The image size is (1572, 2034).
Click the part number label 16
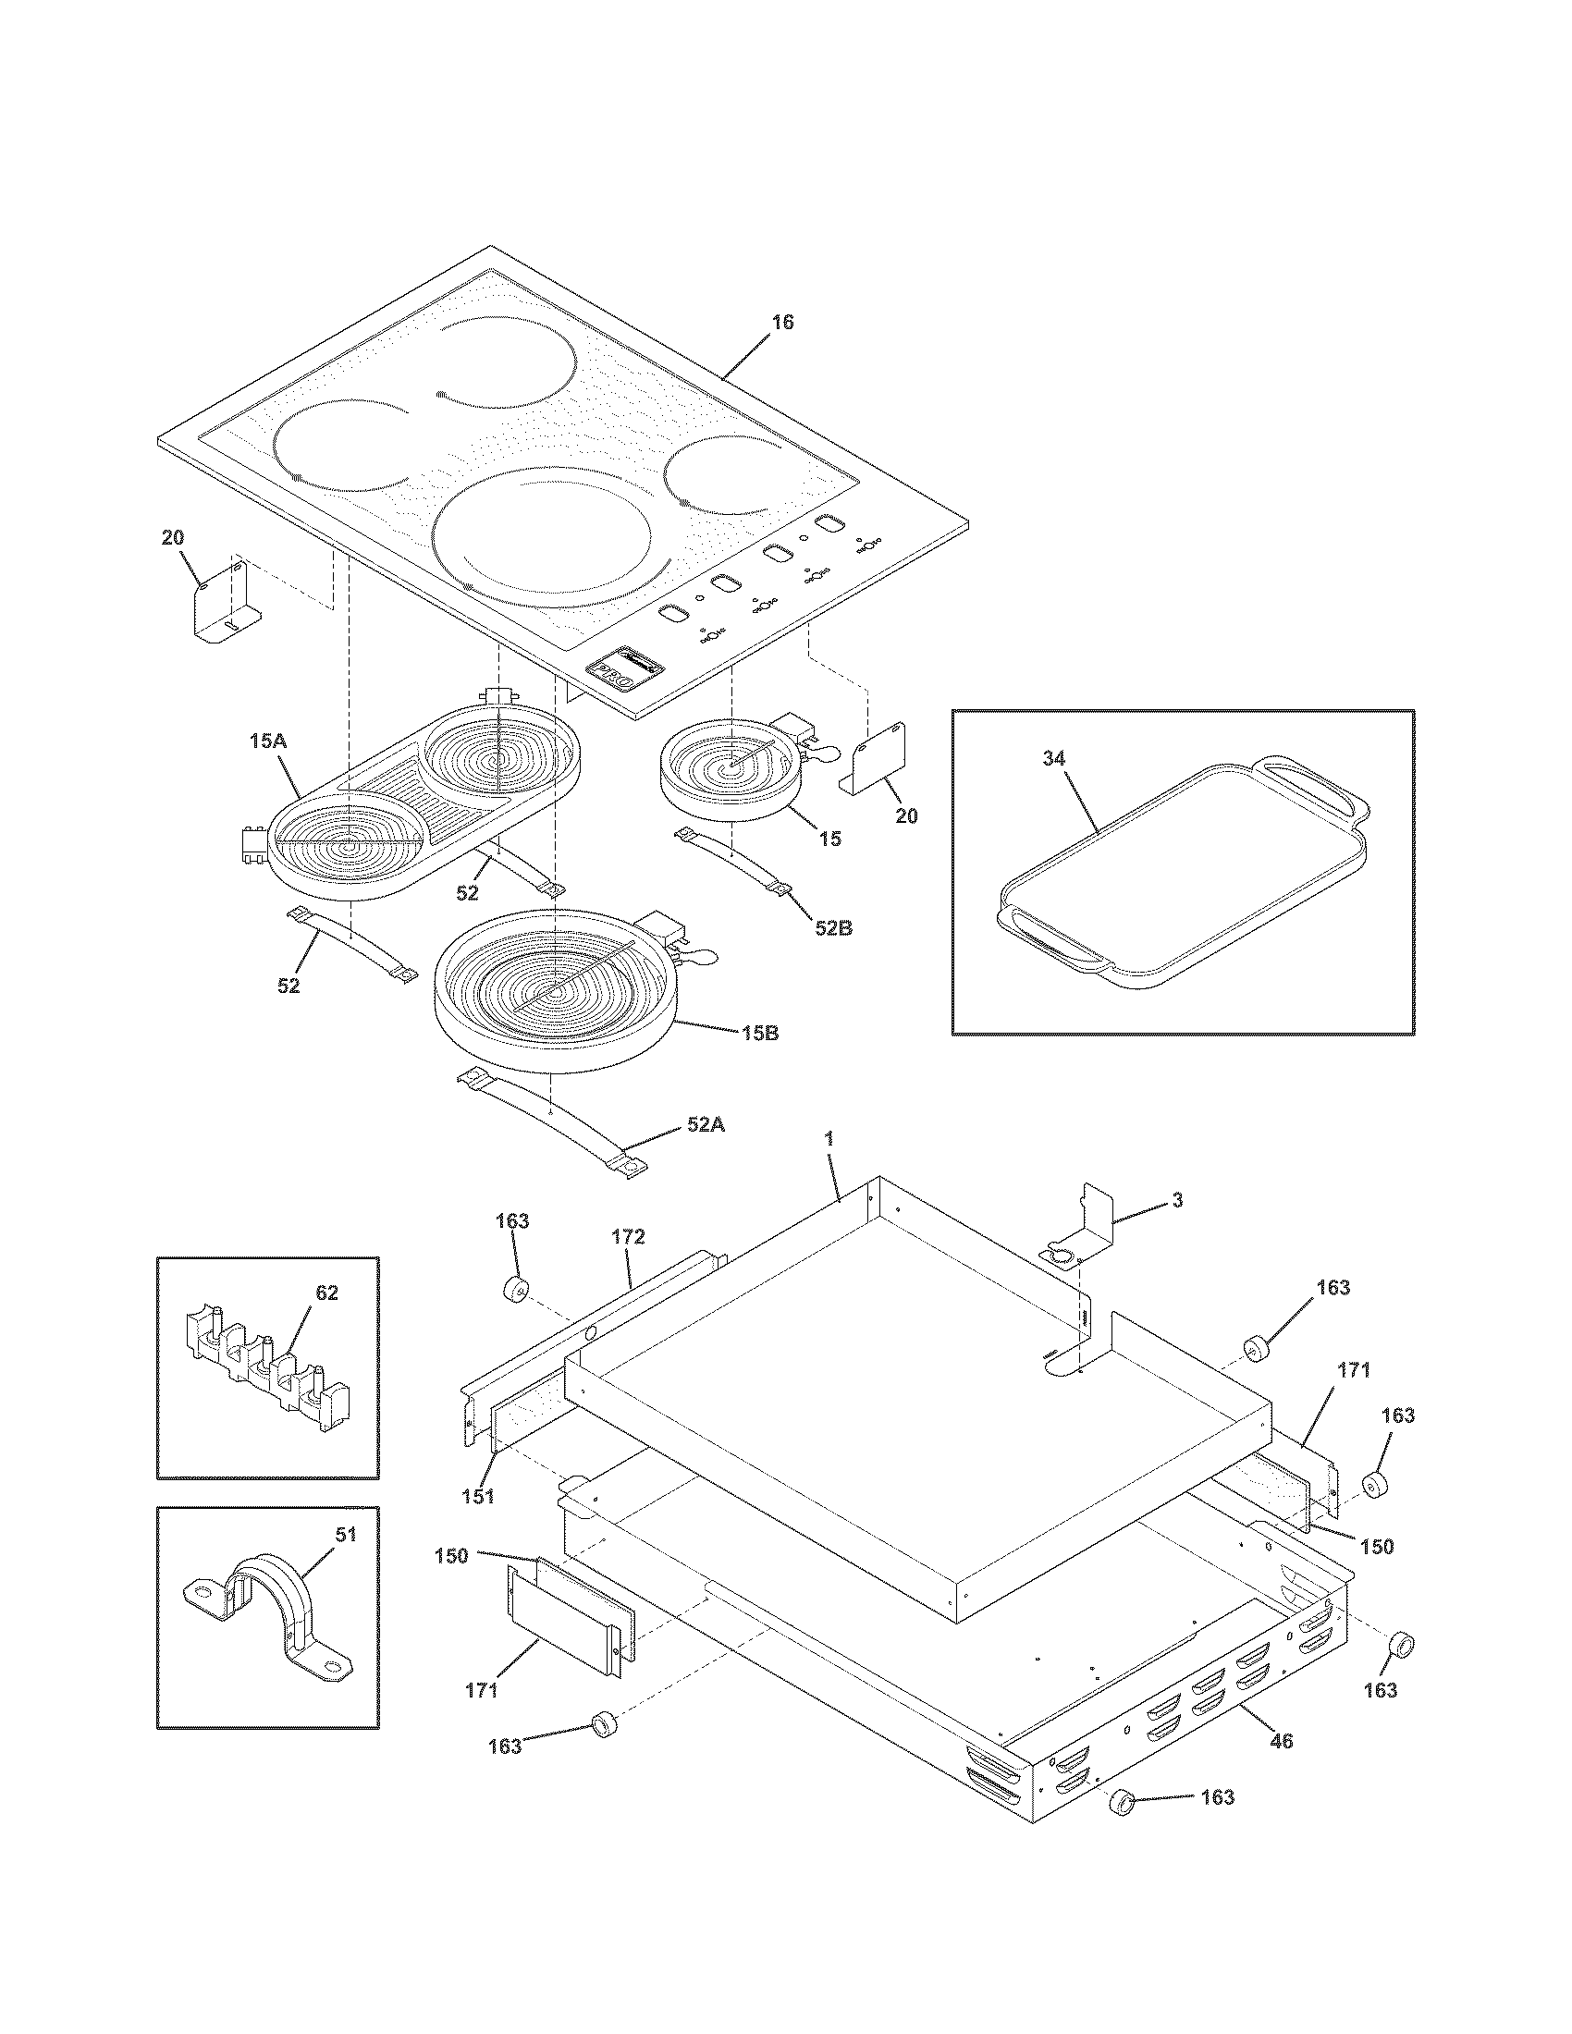point(782,323)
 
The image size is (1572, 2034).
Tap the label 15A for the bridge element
point(267,741)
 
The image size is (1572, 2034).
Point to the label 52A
point(706,1124)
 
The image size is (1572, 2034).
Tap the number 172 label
point(628,1237)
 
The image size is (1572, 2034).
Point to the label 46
point(1282,1741)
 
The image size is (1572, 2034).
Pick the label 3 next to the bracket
point(1177,1201)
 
